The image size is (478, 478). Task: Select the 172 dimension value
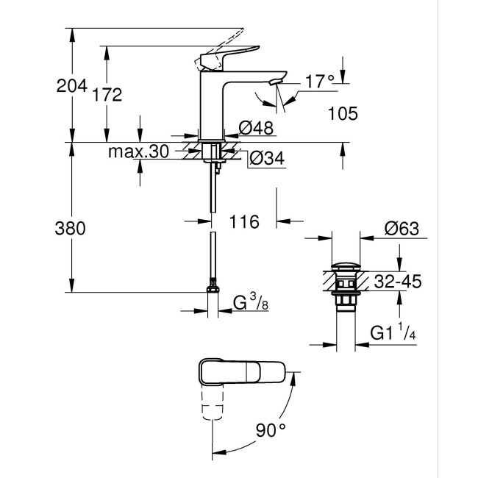coord(107,94)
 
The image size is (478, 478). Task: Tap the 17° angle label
coord(320,82)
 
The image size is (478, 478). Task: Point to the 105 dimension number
coord(343,113)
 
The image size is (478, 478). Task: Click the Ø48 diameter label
coord(257,128)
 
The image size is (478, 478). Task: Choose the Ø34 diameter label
coord(266,158)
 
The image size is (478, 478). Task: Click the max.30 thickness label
coord(138,152)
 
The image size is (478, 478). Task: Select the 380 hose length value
coord(71,228)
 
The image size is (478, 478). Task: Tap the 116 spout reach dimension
coord(245,221)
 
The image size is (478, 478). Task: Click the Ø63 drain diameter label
coord(402,229)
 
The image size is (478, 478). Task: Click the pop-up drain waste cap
coord(346,265)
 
